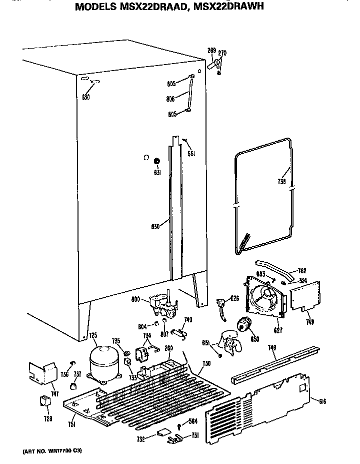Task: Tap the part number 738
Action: tap(282, 182)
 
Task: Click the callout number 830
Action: tap(155, 226)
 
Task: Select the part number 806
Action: tap(170, 99)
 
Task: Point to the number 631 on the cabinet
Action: tap(156, 173)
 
